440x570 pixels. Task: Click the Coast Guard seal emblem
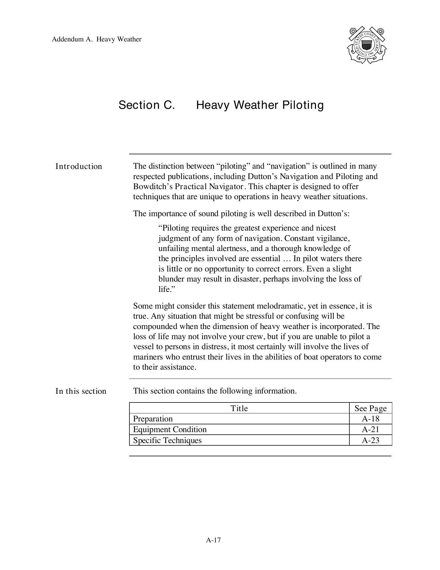coord(366,45)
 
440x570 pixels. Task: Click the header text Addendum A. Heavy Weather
coord(96,39)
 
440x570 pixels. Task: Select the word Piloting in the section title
coord(303,105)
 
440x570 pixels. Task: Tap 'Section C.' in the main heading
coord(147,105)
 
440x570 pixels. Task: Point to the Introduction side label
coord(79,166)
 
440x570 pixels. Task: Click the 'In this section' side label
coord(81,391)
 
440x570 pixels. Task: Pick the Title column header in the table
coord(239,408)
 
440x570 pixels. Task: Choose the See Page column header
coord(370,408)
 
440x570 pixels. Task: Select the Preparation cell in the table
coord(153,419)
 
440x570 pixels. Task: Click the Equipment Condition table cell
coord(170,430)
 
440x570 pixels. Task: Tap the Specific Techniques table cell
coord(167,440)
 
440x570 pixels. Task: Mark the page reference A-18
coord(370,419)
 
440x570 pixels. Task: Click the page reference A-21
coord(370,430)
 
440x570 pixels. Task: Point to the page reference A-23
coord(370,440)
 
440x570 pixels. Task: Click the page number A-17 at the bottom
coord(213,540)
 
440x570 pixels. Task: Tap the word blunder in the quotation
coord(171,279)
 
